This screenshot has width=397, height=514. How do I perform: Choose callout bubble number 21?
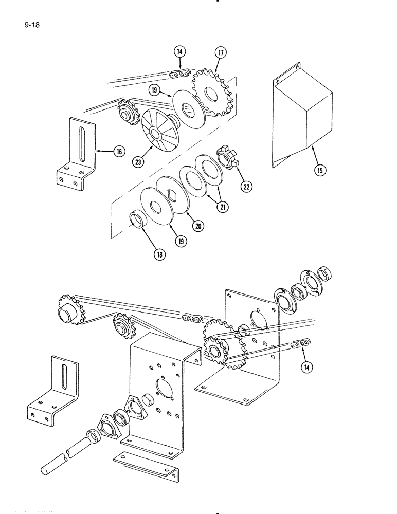(x=222, y=206)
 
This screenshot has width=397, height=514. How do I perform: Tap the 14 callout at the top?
(x=179, y=51)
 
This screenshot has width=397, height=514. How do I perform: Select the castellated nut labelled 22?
(x=228, y=155)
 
